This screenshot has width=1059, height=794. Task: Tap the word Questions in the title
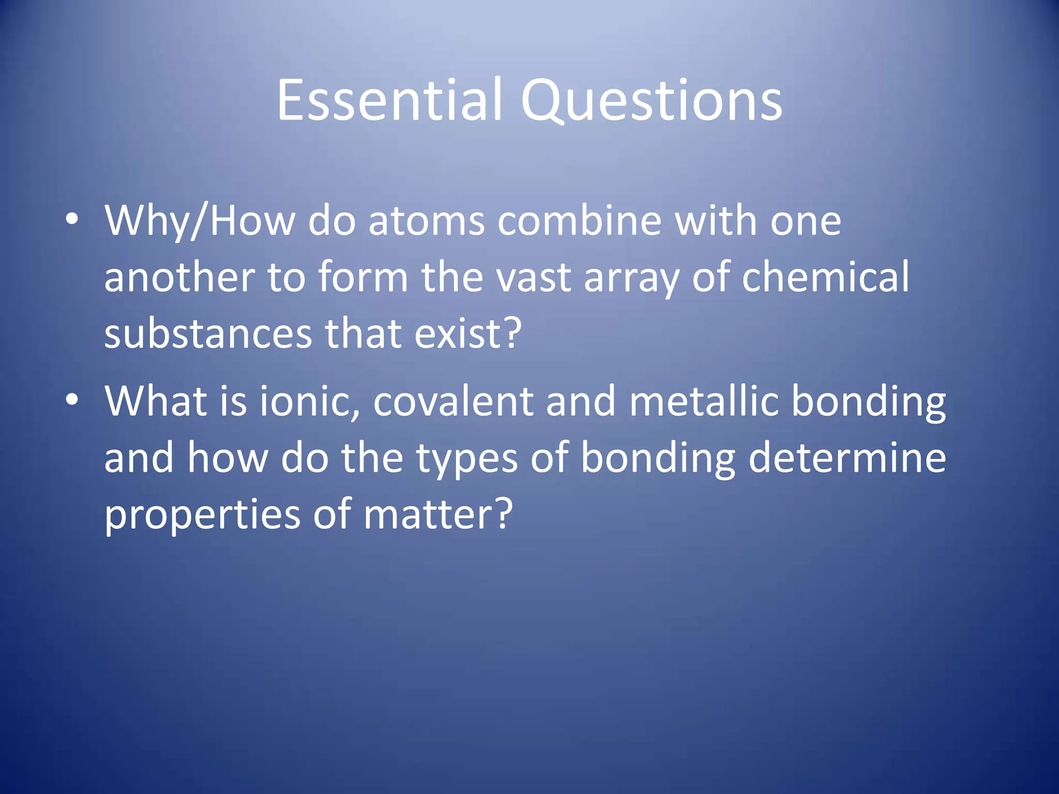pyautogui.click(x=652, y=101)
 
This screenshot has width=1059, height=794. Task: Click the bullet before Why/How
pyautogui.click(x=72, y=219)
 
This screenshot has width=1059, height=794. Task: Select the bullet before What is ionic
pyautogui.click(x=72, y=400)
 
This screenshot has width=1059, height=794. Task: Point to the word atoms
pyautogui.click(x=427, y=221)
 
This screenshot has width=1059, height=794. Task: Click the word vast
pyautogui.click(x=534, y=278)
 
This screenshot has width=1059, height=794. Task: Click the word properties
pyautogui.click(x=202, y=516)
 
